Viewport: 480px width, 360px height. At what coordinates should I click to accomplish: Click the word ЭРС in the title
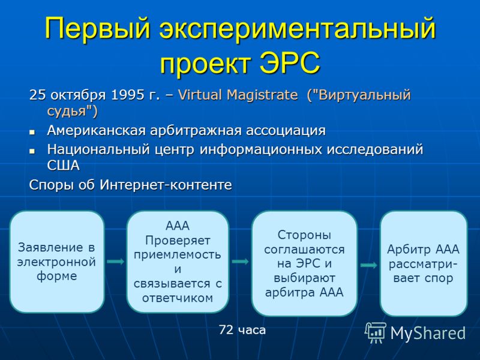click(x=290, y=63)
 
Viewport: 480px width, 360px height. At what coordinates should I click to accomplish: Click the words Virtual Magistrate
click(x=238, y=95)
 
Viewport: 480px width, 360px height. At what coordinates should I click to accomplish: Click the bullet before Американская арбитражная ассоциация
click(x=32, y=133)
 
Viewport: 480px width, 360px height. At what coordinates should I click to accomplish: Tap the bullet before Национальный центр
click(x=32, y=151)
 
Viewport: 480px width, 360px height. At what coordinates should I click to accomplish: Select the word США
click(x=64, y=166)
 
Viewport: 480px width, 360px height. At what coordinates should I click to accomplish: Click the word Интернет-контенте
click(x=166, y=185)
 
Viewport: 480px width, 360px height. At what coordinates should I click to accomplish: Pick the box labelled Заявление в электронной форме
click(x=57, y=262)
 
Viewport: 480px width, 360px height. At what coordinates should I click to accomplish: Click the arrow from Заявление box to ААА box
click(x=116, y=262)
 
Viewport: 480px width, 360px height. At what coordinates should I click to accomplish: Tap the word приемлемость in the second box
click(x=178, y=254)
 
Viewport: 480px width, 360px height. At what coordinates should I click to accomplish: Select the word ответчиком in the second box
click(x=178, y=298)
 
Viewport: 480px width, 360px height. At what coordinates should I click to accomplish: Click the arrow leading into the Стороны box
click(x=241, y=262)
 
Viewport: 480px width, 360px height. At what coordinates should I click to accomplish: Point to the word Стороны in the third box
click(x=304, y=235)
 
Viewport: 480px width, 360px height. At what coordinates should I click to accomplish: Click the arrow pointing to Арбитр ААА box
click(x=369, y=265)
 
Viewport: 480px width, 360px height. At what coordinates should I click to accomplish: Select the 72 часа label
click(x=242, y=330)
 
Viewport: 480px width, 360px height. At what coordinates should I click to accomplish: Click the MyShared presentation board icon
click(x=376, y=332)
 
